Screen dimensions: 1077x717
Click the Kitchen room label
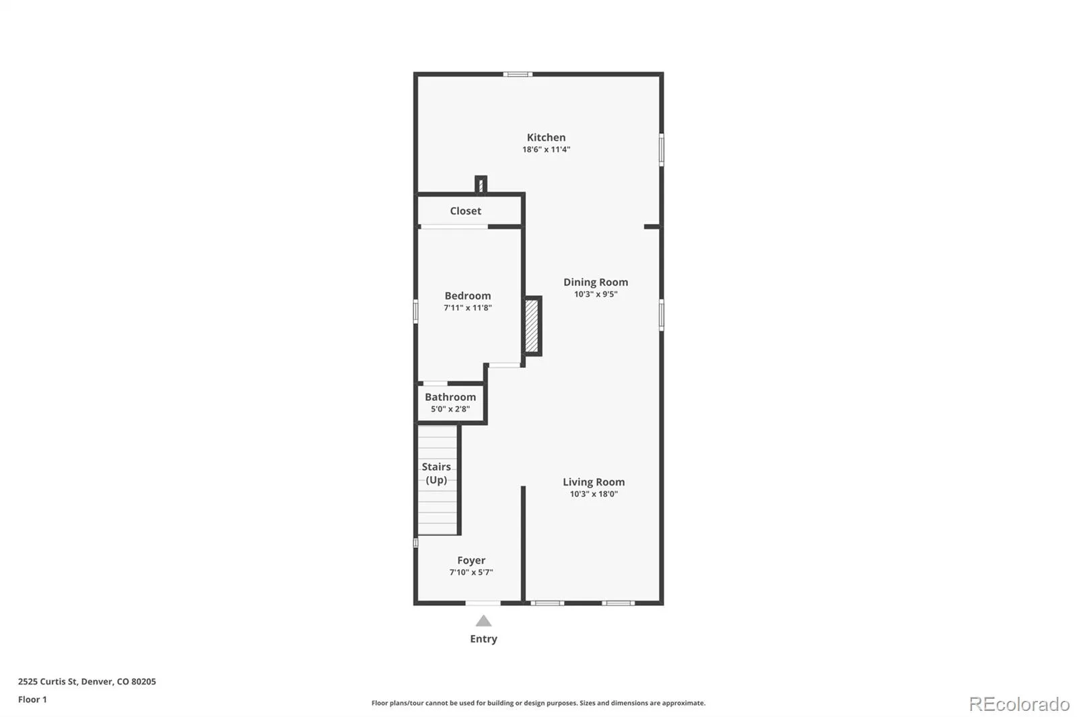coord(546,137)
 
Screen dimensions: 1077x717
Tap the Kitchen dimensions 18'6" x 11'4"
coord(546,149)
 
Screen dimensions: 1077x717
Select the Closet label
coord(465,211)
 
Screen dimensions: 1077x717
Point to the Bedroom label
coord(468,295)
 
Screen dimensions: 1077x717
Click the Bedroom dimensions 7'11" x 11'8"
coord(468,307)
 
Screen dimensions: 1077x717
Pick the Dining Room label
coord(596,282)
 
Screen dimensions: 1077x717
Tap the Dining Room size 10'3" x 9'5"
coord(596,294)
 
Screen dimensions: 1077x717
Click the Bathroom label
coord(450,397)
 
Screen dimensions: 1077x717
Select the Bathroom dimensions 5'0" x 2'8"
coord(450,409)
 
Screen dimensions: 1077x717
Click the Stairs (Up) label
coord(437,474)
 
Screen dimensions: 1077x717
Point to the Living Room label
coord(594,482)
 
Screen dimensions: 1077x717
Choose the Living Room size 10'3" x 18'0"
coord(594,494)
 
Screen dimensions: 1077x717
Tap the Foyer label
coord(471,560)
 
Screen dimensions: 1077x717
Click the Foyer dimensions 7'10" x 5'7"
coord(471,572)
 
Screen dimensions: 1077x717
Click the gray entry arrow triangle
coord(484,621)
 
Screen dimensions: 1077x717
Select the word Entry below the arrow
coord(484,639)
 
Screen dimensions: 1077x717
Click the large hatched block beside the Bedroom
coord(532,326)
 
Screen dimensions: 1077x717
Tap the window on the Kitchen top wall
coord(518,75)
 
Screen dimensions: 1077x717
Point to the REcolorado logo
coord(1019,704)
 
